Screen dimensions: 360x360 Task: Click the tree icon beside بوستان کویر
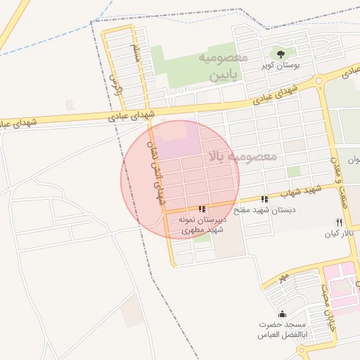[x=281, y=53]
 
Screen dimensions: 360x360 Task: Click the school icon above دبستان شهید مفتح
[x=264, y=200]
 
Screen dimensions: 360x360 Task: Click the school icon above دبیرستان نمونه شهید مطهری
[x=202, y=209]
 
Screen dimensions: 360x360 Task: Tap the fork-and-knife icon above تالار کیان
[x=338, y=222]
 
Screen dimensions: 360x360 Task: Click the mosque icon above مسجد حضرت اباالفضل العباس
[x=282, y=314]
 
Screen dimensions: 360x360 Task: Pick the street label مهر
[x=283, y=277]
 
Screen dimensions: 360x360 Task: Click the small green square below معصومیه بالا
[x=293, y=172]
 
